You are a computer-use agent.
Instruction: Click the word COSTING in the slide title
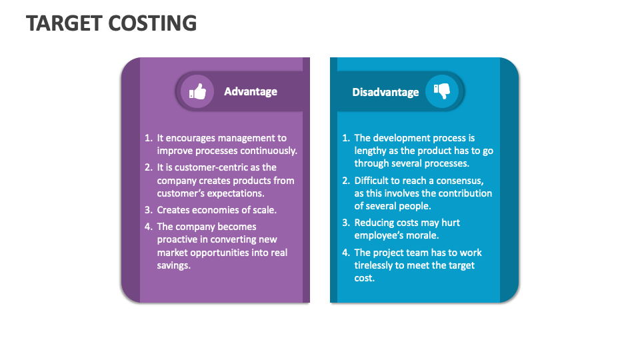pyautogui.click(x=154, y=23)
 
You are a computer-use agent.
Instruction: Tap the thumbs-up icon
pyautogui.click(x=197, y=92)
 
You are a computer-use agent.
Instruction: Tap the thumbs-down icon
pyautogui.click(x=441, y=92)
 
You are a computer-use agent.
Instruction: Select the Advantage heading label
pyautogui.click(x=251, y=92)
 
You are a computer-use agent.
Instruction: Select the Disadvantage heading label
pyautogui.click(x=385, y=93)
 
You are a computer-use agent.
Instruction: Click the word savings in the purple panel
pyautogui.click(x=173, y=265)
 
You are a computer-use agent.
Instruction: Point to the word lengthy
pyautogui.click(x=371, y=151)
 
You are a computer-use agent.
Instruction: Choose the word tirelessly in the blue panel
pyautogui.click(x=376, y=265)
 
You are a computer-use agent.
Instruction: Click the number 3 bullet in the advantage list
pyautogui.click(x=148, y=210)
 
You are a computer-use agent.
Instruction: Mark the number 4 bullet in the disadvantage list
pyautogui.click(x=345, y=253)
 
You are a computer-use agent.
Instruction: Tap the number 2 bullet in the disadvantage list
pyautogui.click(x=345, y=181)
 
